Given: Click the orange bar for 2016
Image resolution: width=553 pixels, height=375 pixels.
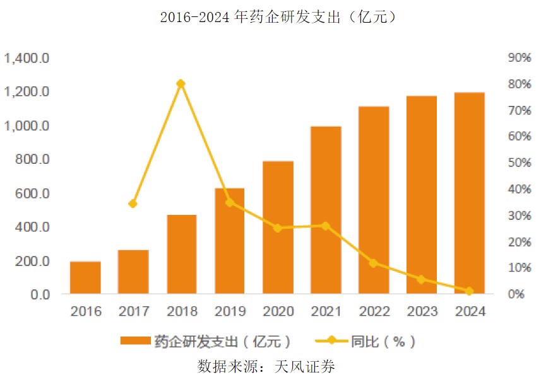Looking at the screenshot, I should click(85, 277).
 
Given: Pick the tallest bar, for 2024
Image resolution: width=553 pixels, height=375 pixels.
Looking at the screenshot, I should click(469, 193).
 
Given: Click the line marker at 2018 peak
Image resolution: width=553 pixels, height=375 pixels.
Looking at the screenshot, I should click(181, 84).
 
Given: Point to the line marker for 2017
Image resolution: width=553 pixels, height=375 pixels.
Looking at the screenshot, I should click(133, 204).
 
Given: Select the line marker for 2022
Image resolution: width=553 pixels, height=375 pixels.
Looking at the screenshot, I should click(373, 263).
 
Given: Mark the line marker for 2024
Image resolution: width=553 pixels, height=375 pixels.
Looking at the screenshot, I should click(469, 291).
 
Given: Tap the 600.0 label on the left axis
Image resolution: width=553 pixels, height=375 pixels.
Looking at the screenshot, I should click(31, 193).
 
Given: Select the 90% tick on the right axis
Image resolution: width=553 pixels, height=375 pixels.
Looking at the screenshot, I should click(520, 58).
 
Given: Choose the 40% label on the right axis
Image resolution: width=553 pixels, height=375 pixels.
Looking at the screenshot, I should click(520, 189).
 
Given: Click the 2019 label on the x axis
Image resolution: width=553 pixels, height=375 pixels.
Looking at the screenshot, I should click(229, 311).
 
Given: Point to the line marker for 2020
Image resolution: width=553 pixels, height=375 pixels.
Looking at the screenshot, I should click(277, 228).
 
